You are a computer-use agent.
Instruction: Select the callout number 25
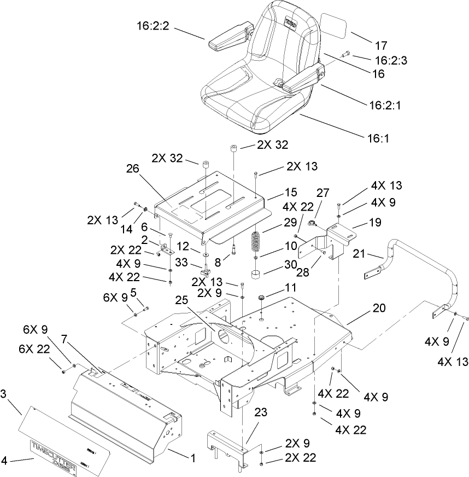click(183, 301)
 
